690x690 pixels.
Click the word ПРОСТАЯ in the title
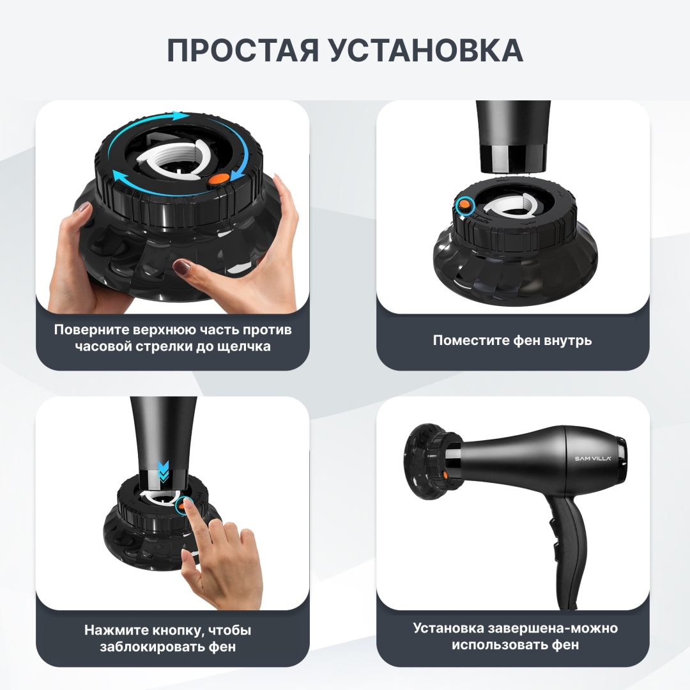coord(243,50)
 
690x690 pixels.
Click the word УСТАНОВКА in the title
coord(426,50)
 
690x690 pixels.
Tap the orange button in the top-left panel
coord(218,178)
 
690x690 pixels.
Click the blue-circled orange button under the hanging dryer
coord(464,204)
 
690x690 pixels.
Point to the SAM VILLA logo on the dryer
coord(593,459)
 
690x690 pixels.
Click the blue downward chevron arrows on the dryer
coord(163,471)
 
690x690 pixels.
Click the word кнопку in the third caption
coord(174,630)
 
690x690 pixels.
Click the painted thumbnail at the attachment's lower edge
coord(181,266)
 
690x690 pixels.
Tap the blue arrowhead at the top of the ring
coord(180,116)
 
